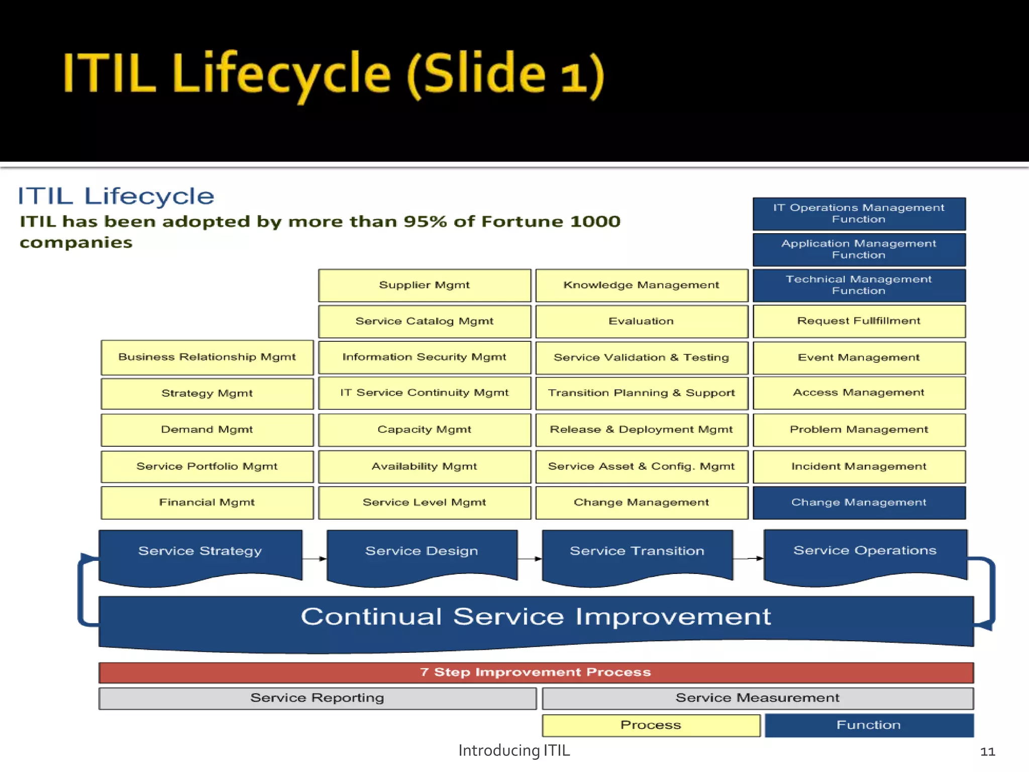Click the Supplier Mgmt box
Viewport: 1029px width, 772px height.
pos(425,285)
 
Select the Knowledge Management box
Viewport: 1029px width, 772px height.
pos(642,285)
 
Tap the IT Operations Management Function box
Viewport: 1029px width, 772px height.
pos(859,214)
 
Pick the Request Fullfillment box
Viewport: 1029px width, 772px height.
pos(859,321)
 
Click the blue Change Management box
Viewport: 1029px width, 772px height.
pos(859,502)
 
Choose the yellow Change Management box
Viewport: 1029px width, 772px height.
pos(642,502)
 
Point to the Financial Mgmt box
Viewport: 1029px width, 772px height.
pos(207,502)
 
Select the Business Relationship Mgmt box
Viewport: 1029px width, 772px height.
pos(207,357)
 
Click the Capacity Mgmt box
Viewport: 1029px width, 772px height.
pos(425,430)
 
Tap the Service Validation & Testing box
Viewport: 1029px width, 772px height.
pos(642,357)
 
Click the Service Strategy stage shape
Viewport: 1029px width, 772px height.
pos(200,553)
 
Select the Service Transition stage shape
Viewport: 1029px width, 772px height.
pos(637,553)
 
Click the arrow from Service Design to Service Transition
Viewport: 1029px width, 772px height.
pos(530,558)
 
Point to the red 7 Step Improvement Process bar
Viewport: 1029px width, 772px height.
pos(536,672)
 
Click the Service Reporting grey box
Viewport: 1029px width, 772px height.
pos(317,698)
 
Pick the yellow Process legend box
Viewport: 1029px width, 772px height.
pos(651,725)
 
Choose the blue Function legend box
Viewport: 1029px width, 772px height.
pos(869,725)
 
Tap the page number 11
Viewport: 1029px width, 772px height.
pos(987,752)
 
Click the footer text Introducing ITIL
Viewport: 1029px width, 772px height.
pos(514,750)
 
